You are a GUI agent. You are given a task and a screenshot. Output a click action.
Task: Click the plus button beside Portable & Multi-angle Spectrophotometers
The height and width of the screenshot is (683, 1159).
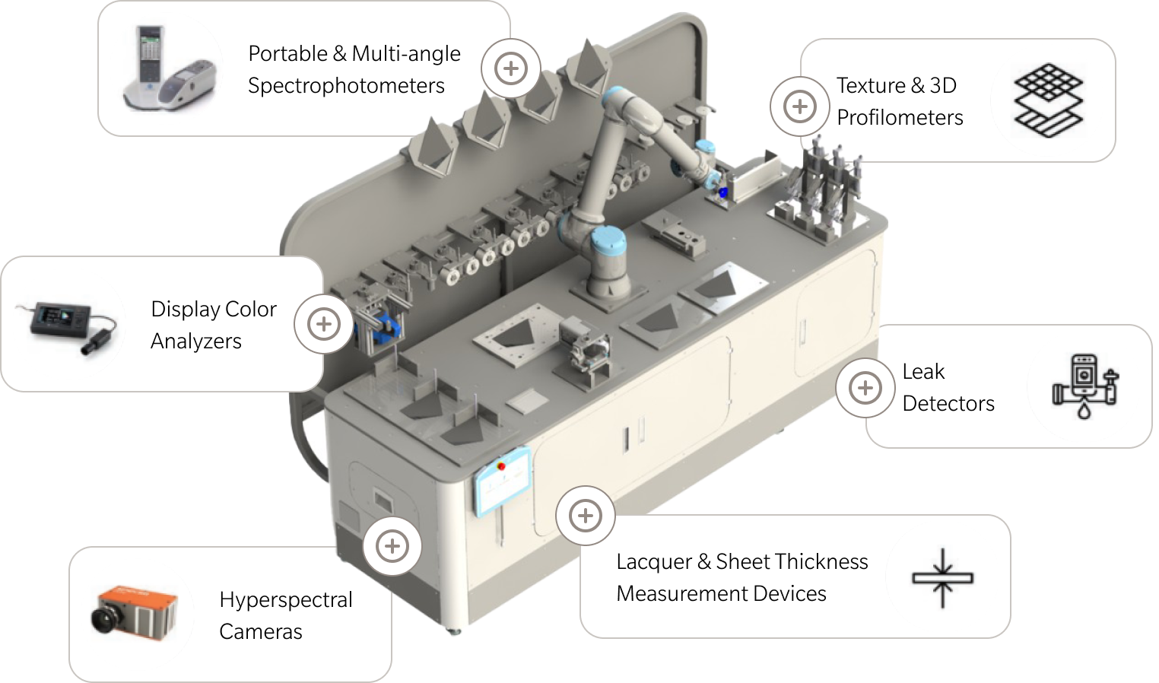pos(510,68)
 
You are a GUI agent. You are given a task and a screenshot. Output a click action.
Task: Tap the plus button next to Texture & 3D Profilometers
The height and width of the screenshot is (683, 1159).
pos(799,106)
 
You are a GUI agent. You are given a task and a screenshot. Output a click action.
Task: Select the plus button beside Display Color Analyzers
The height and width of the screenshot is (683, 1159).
pos(323,324)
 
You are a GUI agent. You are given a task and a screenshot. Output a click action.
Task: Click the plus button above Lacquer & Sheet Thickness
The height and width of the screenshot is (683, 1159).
pos(585,516)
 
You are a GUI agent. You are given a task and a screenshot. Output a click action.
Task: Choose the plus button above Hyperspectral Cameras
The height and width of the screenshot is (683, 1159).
pos(392,546)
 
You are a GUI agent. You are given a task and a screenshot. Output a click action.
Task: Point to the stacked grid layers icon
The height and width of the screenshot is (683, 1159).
pos(1048,100)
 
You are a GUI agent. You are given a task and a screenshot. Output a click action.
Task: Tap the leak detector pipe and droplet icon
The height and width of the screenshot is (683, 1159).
pos(1085,386)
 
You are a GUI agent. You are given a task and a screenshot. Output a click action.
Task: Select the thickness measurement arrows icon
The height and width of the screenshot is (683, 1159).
pos(942,578)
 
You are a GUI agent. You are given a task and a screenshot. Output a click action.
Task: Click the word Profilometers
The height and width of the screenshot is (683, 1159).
pos(900,118)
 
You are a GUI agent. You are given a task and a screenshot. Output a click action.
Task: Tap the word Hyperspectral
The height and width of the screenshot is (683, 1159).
pos(286,600)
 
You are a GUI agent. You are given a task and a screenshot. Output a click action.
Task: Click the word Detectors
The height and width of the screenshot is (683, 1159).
pos(948,404)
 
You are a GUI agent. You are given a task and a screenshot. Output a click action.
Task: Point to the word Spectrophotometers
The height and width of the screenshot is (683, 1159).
pos(346,86)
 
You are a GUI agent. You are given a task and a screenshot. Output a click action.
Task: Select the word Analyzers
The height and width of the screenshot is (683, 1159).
pos(196,341)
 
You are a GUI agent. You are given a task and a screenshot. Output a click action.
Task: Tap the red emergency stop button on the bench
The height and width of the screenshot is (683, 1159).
pos(501,465)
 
